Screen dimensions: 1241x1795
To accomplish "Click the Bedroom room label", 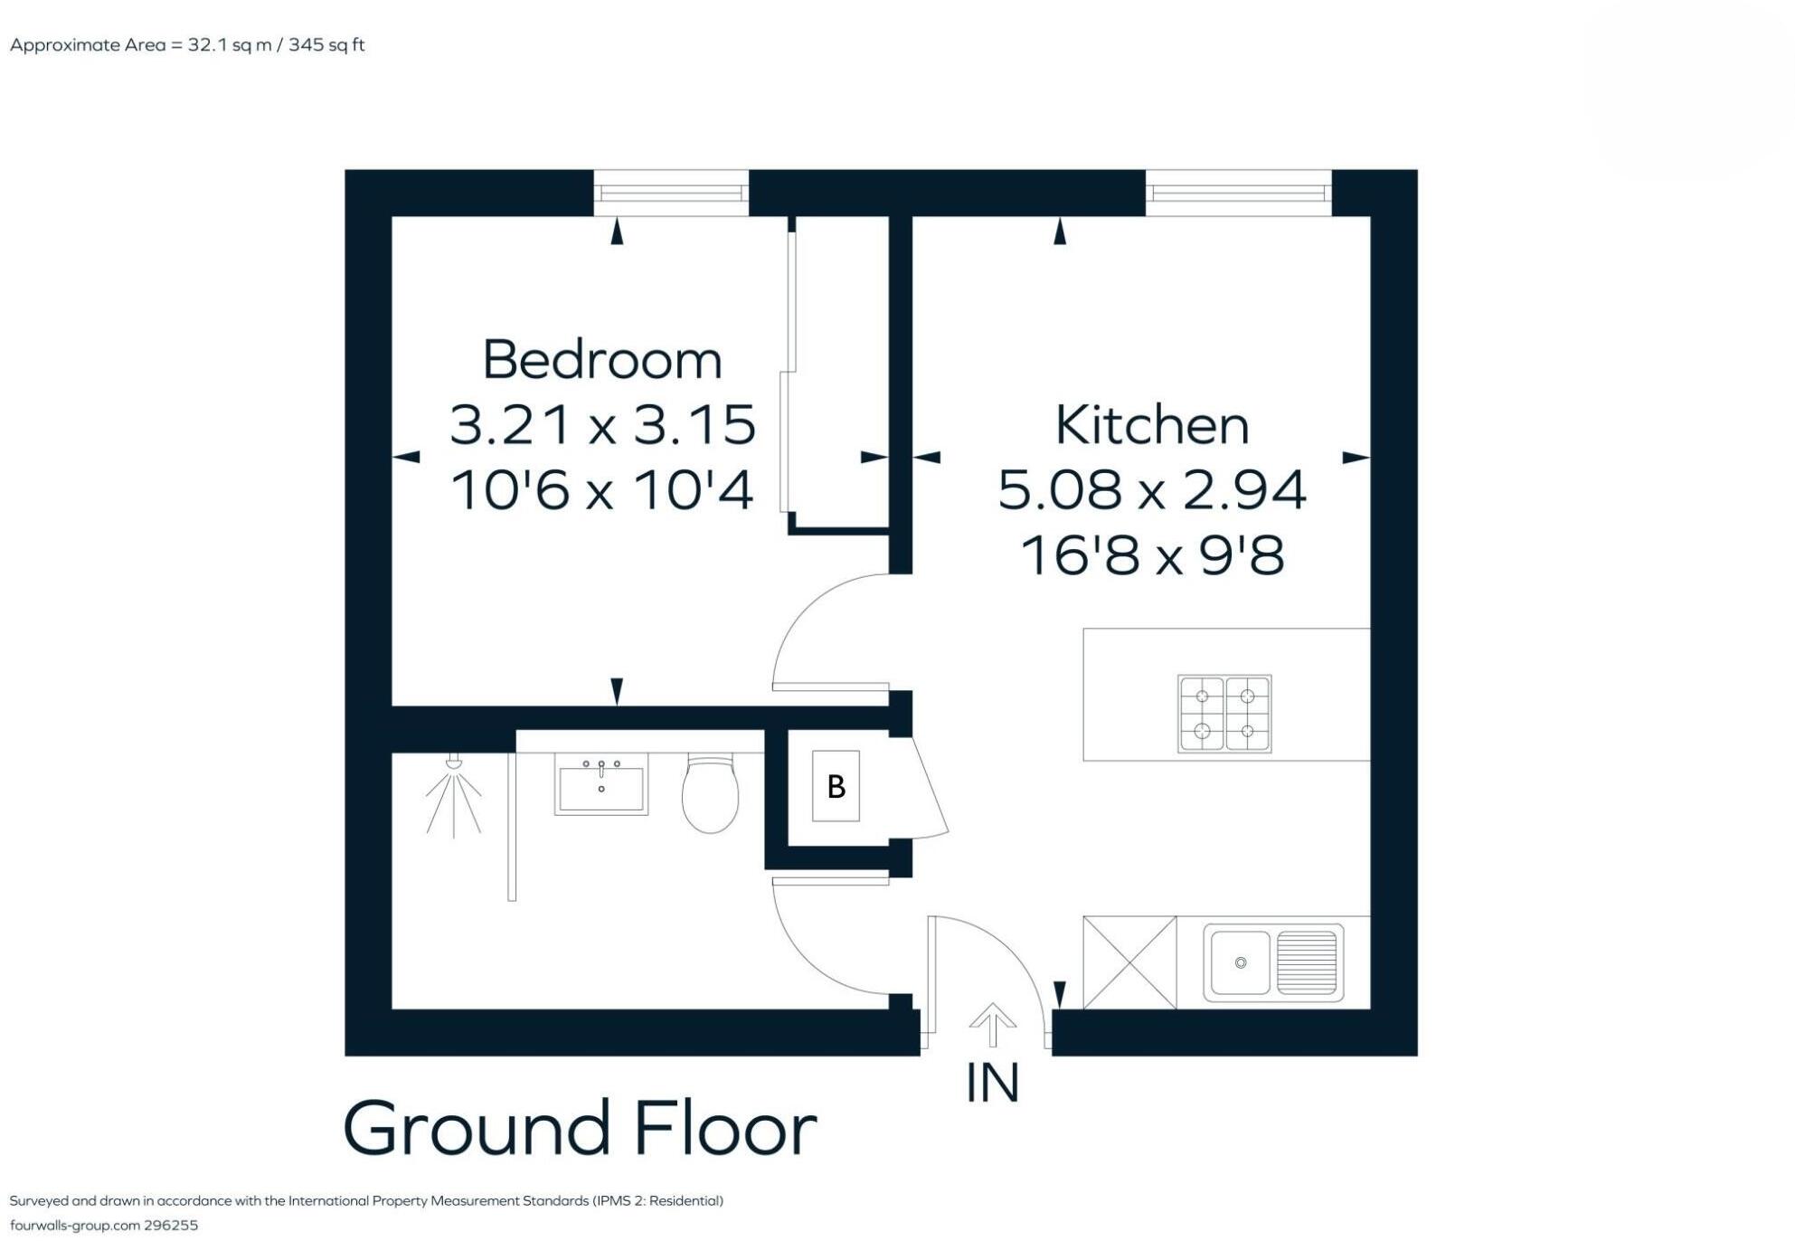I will point(602,360).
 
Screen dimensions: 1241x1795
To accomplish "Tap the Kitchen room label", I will point(1151,425).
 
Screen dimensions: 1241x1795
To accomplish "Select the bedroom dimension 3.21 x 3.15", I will point(602,424).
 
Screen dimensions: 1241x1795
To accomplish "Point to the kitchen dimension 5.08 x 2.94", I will point(1151,489).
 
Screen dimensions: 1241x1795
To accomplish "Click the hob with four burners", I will point(1224,713).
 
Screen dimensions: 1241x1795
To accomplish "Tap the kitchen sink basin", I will point(1240,962).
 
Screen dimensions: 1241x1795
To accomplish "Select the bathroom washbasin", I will point(601,785).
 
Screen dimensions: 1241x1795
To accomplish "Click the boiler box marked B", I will point(836,786).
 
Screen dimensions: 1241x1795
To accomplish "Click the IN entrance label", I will point(992,1083).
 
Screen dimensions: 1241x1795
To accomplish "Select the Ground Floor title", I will point(580,1128).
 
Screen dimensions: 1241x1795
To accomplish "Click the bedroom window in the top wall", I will point(671,193).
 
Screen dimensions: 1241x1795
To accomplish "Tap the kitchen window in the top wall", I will point(1238,193).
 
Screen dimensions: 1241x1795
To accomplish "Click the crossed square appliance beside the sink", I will point(1129,962).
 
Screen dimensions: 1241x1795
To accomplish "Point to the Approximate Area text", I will point(187,45).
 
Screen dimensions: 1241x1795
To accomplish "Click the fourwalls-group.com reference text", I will point(103,1226).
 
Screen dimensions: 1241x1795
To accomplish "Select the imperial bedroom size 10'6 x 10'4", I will point(602,491).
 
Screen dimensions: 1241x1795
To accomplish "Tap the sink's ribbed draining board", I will point(1308,962).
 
